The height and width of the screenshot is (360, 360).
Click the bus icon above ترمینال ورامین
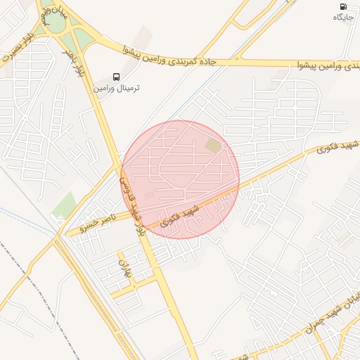point(116,77)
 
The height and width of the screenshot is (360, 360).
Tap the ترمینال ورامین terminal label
point(117,89)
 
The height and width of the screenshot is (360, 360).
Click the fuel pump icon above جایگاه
point(342,6)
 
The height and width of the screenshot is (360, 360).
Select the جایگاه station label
point(342,16)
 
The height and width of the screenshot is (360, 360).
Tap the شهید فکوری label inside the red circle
point(178,216)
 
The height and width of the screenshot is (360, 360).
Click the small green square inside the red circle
point(212,145)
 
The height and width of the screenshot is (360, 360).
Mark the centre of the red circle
point(180,179)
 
